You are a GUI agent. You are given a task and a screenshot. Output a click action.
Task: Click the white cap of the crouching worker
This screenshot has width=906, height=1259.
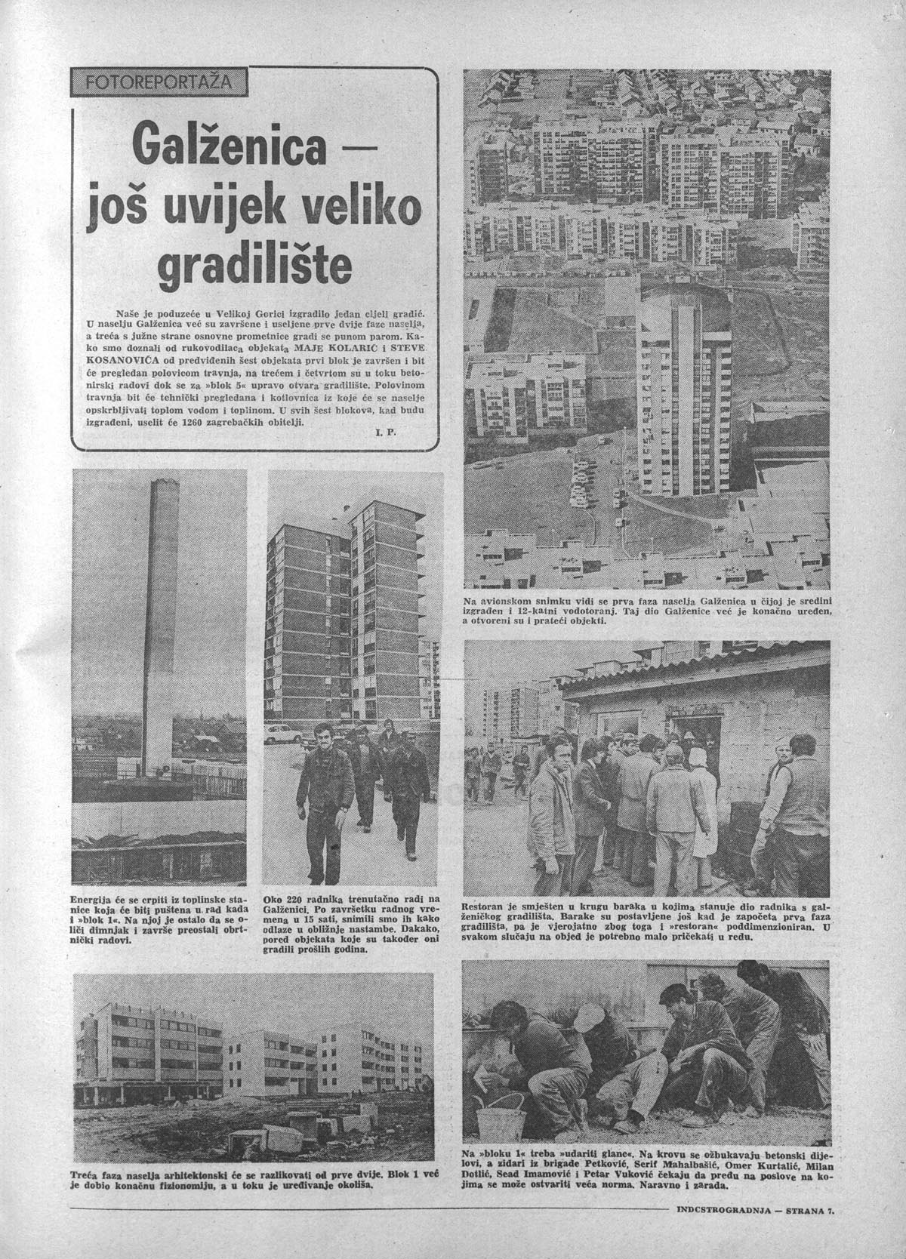[x=590, y=1019]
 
